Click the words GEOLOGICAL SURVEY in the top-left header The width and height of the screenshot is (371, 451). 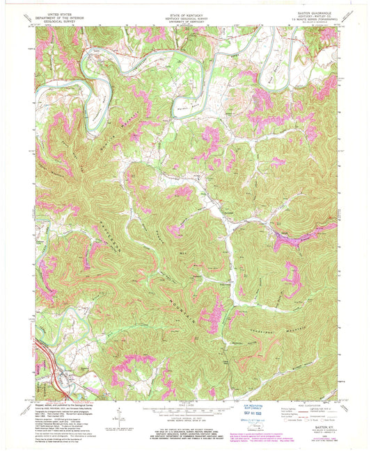[57, 20]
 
